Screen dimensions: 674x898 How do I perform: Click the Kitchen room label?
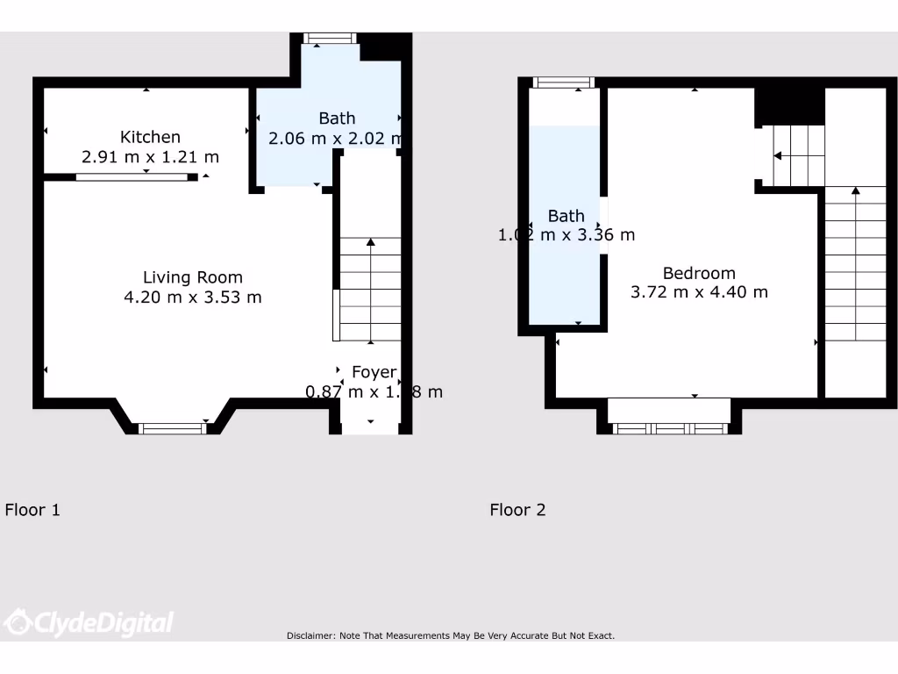click(x=150, y=137)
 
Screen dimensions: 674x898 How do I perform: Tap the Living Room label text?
click(x=193, y=277)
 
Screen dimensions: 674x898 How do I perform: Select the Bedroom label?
click(x=699, y=273)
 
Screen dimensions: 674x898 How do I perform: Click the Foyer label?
click(x=374, y=372)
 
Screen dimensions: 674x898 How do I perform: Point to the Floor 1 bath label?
click(x=337, y=118)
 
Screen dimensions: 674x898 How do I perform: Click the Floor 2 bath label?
click(x=566, y=216)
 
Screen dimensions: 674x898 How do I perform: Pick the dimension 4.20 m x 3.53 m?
click(x=193, y=298)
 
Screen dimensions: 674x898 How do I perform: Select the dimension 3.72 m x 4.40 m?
click(x=699, y=292)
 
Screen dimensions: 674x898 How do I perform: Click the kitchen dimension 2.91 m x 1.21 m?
click(x=150, y=157)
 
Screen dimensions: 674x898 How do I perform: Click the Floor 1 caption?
click(x=32, y=510)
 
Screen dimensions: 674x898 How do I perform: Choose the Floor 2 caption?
click(x=517, y=510)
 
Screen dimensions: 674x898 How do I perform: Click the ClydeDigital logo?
click(x=89, y=623)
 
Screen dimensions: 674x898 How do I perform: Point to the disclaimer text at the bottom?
click(x=450, y=635)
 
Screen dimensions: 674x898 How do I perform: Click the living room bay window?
click(x=173, y=428)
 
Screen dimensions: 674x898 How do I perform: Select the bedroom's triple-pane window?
click(x=670, y=428)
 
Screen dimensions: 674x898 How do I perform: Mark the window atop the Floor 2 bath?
click(x=563, y=82)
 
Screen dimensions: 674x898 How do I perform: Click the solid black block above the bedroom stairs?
click(x=789, y=105)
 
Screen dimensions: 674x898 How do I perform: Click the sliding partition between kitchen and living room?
click(x=132, y=177)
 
